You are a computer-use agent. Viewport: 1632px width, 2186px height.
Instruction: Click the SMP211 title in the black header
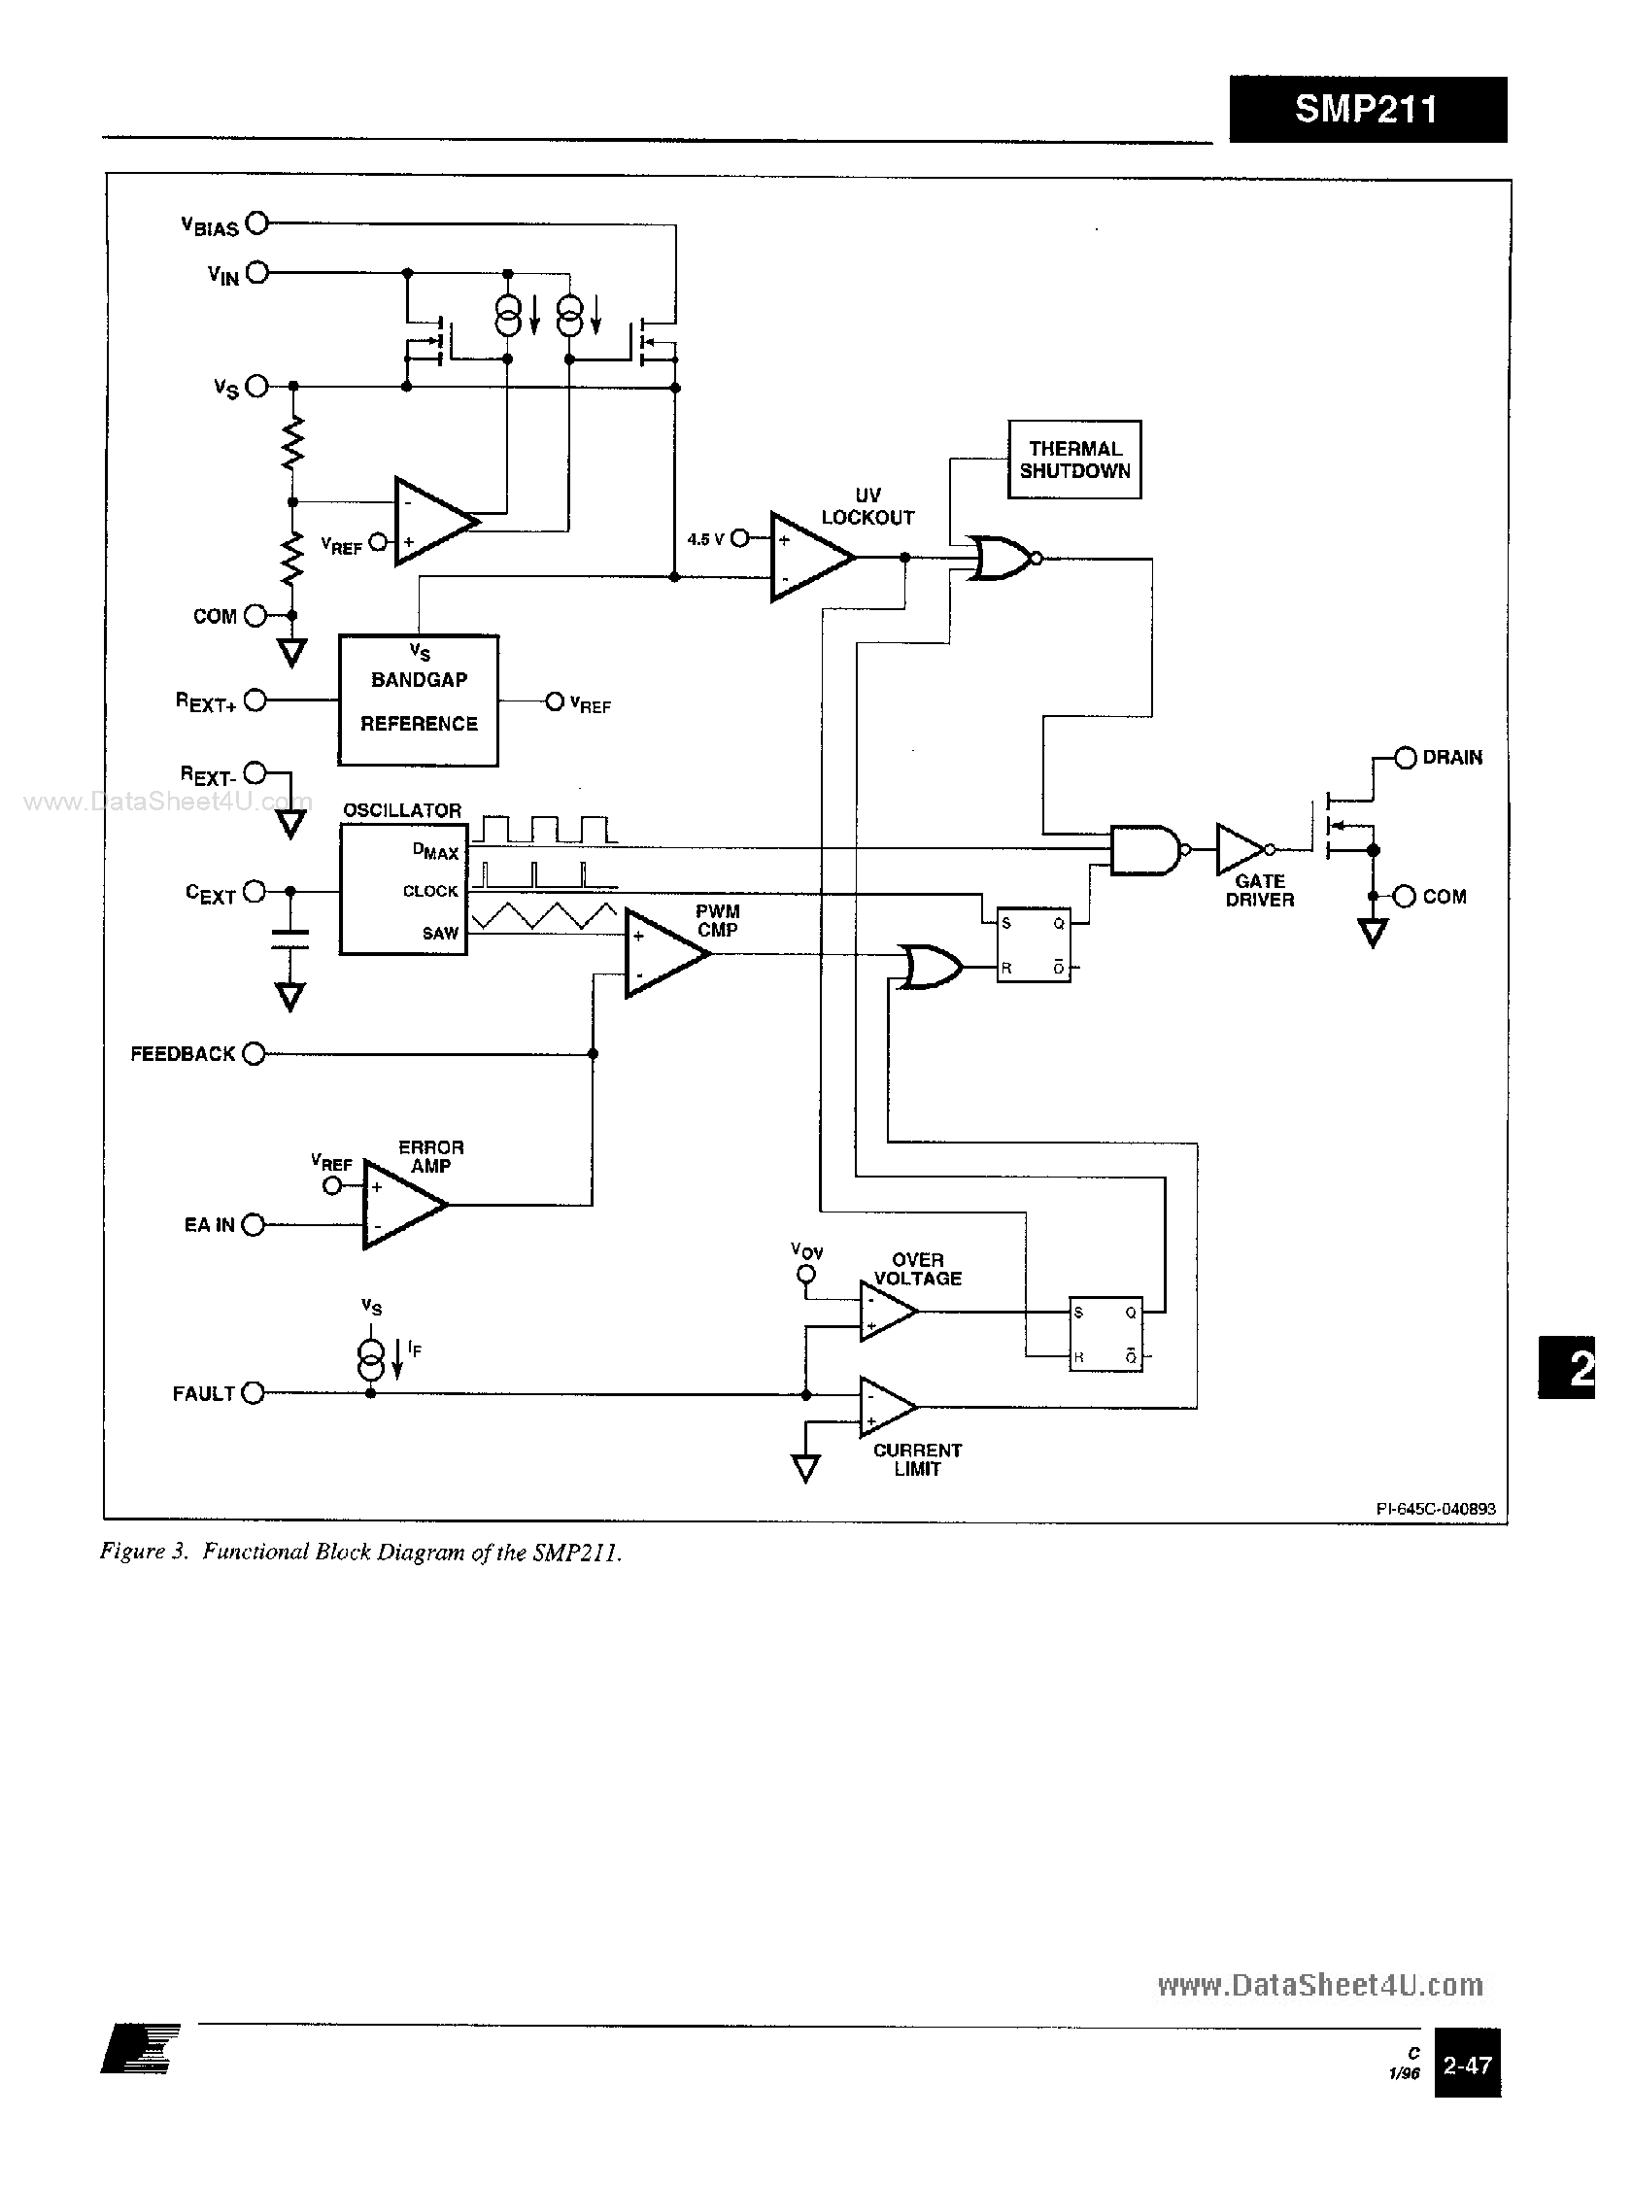(1366, 109)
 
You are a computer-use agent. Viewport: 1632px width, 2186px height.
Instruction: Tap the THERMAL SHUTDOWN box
(1073, 461)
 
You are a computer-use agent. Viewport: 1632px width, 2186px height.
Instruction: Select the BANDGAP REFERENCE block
(418, 701)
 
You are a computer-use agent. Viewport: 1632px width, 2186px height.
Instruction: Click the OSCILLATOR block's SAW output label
(440, 934)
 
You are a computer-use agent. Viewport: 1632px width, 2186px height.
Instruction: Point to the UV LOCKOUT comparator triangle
(806, 557)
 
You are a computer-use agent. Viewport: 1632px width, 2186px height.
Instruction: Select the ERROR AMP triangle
(399, 1204)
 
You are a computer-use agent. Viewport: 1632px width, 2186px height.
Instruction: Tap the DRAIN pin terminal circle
(1406, 758)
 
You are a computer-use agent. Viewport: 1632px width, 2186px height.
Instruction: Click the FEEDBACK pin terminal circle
(254, 1054)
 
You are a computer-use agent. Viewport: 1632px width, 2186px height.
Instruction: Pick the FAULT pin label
(203, 1394)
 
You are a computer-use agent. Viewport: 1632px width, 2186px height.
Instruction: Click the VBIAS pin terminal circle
(256, 223)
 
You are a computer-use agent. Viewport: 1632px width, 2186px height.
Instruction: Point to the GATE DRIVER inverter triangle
(1239, 848)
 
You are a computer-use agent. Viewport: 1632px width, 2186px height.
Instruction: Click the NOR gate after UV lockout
(1000, 558)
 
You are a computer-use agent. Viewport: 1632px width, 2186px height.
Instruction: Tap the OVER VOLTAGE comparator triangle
(885, 1312)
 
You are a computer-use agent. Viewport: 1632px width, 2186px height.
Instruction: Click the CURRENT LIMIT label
(917, 1459)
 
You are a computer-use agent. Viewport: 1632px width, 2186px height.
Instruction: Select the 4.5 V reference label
(705, 539)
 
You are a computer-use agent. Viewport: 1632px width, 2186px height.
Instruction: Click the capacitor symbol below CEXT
(289, 939)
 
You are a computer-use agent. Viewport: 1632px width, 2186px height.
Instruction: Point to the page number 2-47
(1467, 2066)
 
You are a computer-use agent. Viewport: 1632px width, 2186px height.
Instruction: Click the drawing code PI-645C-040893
(1436, 1509)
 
